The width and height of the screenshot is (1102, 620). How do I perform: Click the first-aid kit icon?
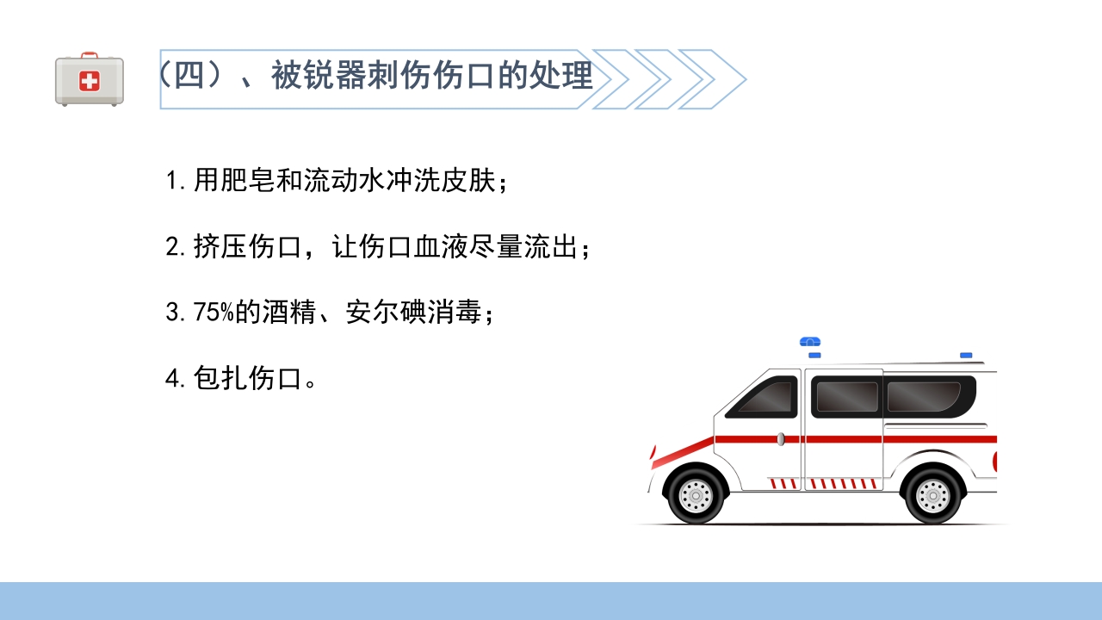click(90, 79)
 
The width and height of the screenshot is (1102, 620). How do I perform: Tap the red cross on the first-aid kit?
click(90, 81)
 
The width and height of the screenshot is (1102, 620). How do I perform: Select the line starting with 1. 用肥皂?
click(336, 182)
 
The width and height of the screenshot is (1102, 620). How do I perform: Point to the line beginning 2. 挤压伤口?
click(379, 248)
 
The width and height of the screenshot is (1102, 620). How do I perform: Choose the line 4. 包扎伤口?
click(242, 379)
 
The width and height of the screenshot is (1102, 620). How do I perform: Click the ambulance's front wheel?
click(696, 495)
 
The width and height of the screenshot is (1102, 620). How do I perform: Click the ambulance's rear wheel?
click(932, 495)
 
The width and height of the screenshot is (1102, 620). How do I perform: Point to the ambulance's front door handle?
click(781, 439)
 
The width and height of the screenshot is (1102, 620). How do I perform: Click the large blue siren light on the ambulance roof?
click(810, 342)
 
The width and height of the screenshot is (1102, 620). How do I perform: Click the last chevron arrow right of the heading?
click(714, 79)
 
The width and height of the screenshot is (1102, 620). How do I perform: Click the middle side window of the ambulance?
click(846, 396)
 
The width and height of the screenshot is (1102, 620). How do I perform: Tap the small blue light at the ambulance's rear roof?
click(966, 355)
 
